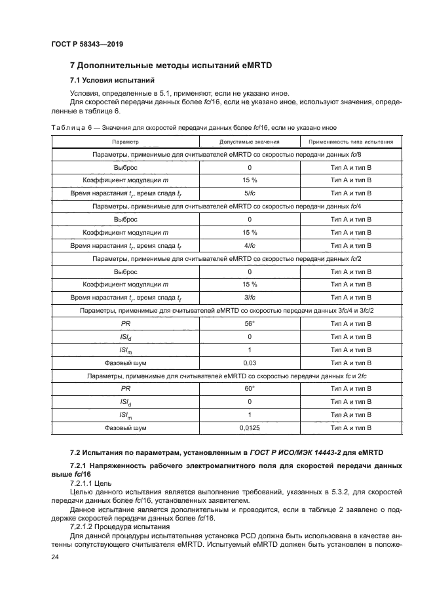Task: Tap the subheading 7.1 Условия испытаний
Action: click(111, 81)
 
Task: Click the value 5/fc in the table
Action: click(249, 193)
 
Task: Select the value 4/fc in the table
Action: click(249, 245)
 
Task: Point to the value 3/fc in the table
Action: click(249, 297)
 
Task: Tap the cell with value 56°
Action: click(249, 323)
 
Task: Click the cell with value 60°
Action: click(249, 388)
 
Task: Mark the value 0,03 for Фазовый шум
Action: click(249, 363)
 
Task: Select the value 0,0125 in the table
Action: click(249, 427)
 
